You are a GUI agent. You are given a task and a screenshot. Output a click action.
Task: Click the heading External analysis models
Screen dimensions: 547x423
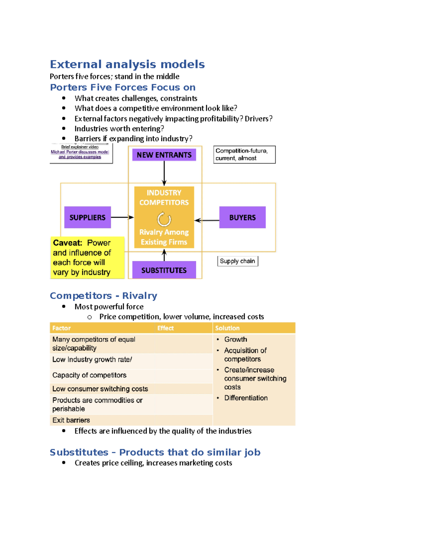(x=127, y=64)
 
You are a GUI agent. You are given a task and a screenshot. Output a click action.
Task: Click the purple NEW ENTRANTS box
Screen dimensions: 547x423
(x=164, y=155)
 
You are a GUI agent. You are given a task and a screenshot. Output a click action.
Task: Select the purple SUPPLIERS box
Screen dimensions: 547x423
(x=87, y=217)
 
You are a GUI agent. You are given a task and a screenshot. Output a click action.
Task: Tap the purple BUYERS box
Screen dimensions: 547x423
(x=242, y=217)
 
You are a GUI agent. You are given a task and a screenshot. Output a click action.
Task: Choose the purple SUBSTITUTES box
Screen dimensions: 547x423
(x=164, y=270)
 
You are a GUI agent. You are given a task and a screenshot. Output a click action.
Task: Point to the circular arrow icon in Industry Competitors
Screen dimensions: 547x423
(x=164, y=219)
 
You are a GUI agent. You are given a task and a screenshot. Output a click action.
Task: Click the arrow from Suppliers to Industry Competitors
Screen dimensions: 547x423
(x=122, y=217)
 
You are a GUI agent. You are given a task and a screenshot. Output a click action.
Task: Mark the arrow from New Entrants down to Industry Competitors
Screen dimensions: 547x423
(x=164, y=173)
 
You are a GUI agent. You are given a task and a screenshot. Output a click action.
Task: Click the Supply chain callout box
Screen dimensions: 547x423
(x=238, y=261)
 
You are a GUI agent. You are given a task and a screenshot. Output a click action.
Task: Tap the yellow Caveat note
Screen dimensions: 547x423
(x=87, y=257)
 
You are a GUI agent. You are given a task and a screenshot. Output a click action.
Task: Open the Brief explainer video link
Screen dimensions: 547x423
(x=80, y=152)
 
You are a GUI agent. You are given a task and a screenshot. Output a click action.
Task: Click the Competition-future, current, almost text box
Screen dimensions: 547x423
(x=244, y=155)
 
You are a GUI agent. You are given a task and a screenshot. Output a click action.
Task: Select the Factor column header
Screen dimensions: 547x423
(x=62, y=328)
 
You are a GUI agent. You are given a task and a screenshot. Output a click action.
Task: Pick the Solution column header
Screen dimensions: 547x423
(x=227, y=328)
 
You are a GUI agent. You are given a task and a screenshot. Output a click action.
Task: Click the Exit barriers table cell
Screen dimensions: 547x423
(x=71, y=420)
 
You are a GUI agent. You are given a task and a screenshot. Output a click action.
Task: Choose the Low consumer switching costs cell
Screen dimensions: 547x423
(x=100, y=389)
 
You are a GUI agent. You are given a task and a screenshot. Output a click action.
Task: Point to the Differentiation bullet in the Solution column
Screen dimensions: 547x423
(x=246, y=398)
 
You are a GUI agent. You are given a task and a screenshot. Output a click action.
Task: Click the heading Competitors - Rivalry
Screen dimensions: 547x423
(x=103, y=296)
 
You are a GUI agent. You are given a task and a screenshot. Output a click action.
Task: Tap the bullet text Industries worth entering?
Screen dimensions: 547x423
(x=119, y=129)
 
